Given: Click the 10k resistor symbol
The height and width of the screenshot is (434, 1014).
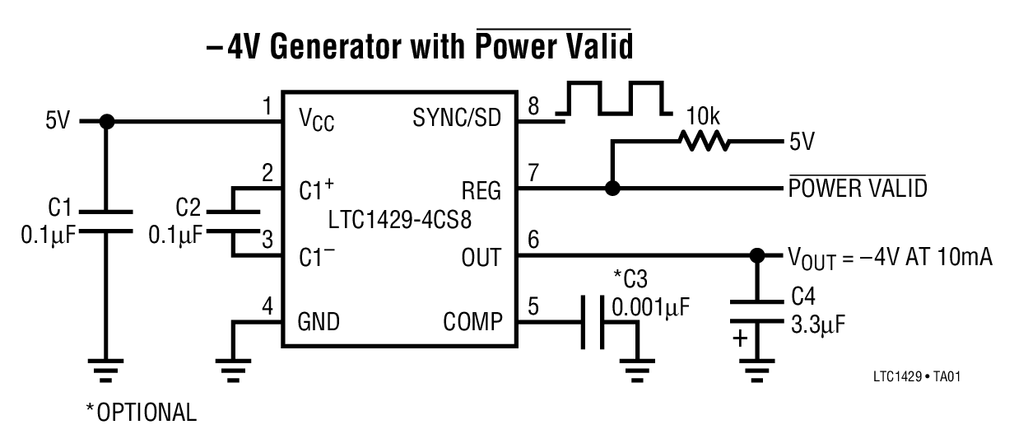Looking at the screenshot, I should coord(704,141).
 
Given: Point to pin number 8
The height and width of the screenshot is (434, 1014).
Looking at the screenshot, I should coord(533,106).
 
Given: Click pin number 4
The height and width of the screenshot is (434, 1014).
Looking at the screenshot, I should coord(267,307).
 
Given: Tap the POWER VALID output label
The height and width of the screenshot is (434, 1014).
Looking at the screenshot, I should coord(857,189).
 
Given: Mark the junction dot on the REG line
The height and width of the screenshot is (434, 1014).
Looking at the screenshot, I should coord(611,189).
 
